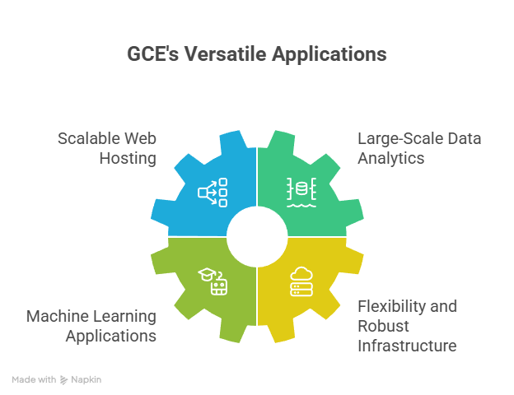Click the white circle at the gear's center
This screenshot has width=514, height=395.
257,236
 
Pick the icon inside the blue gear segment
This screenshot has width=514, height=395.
213,192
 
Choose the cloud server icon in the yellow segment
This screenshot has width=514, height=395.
301,281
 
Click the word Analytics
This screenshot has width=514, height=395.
390,158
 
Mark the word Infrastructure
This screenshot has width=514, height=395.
406,346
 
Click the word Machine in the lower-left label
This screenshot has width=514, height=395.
56,316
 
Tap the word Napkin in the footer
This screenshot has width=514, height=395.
86,380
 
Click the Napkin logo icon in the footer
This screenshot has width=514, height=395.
63,380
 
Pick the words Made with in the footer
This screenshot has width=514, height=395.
34,380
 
